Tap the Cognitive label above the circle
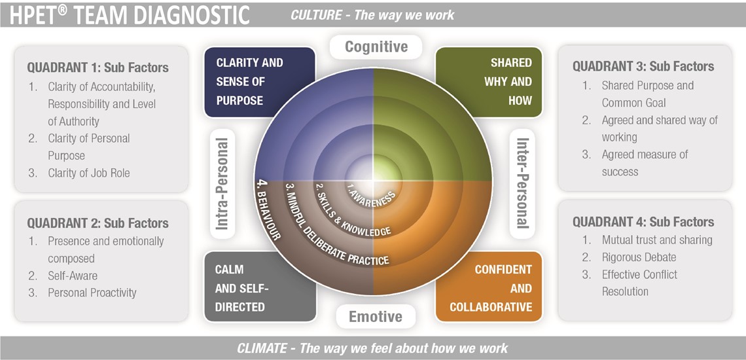coord(376,46)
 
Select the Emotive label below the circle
coord(375,317)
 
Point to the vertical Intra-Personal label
coord(222,184)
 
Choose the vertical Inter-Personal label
coord(522,183)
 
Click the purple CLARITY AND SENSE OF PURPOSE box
coord(259,82)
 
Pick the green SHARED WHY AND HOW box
coord(489,82)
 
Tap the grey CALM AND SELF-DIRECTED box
coord(259,288)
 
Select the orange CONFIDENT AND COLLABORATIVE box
coord(489,288)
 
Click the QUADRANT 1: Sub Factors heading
coord(98,67)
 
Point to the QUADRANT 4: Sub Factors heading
coord(643,222)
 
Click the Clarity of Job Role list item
coord(89,173)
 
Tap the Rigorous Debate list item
coord(639,257)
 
